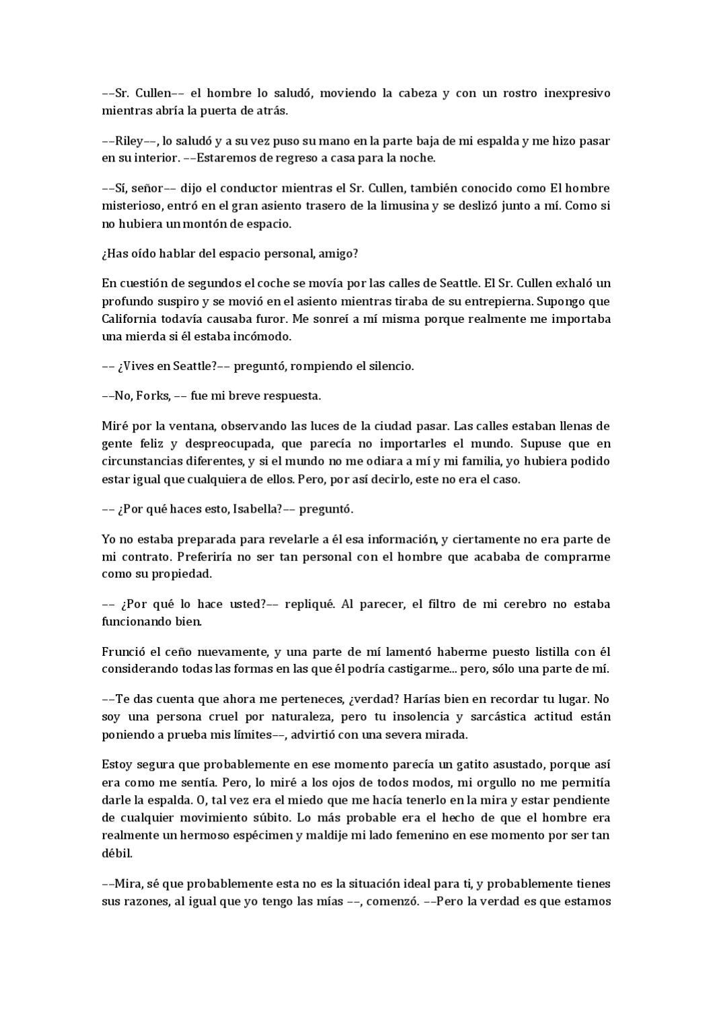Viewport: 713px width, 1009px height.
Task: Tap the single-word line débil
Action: (x=116, y=853)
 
